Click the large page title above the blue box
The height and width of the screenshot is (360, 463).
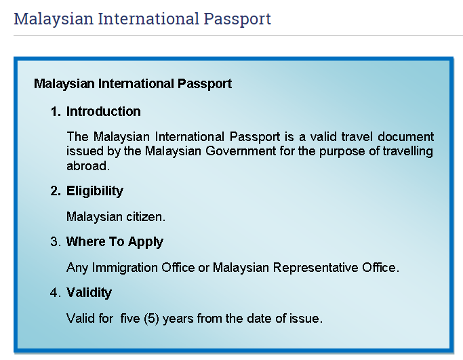(142, 19)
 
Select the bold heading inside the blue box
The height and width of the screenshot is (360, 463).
(133, 83)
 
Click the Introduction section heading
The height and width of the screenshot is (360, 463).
(103, 111)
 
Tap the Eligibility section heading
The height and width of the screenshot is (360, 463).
(95, 191)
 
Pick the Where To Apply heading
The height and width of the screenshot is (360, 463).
(115, 242)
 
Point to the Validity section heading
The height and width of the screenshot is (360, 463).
(89, 293)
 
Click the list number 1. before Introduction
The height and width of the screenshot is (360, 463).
(56, 112)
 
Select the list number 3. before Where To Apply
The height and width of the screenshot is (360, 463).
(56, 241)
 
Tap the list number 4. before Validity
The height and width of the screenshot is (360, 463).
(56, 292)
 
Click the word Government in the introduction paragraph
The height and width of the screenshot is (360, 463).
(241, 151)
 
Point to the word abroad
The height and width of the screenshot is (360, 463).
(88, 165)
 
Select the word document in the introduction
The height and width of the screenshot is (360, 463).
(405, 136)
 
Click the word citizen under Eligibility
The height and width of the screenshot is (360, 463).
(146, 217)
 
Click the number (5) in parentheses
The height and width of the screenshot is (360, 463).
(152, 319)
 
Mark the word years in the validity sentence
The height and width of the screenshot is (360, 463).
(178, 319)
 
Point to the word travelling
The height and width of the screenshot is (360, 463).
(408, 151)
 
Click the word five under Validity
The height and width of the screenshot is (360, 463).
(130, 319)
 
